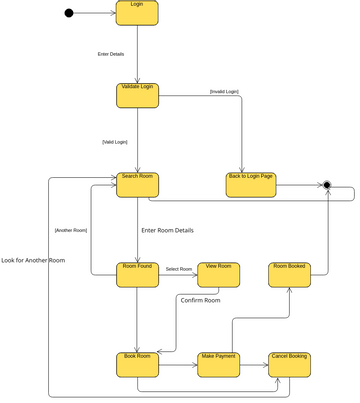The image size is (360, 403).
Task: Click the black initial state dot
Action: click(x=69, y=13)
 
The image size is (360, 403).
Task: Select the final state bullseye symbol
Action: click(x=327, y=185)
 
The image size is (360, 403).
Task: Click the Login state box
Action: click(x=137, y=13)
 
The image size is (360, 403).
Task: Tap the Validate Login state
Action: click(x=137, y=95)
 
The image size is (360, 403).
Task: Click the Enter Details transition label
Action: click(x=111, y=54)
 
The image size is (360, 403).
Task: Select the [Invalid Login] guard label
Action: click(x=224, y=92)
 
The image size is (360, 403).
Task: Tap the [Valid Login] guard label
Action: click(x=115, y=142)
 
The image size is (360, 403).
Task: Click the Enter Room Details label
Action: click(x=168, y=230)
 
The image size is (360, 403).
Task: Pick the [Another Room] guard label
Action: click(x=71, y=230)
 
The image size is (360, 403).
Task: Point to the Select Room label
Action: click(x=179, y=269)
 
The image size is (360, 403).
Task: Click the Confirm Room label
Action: click(x=200, y=300)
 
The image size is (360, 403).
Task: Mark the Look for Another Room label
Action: click(x=33, y=260)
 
